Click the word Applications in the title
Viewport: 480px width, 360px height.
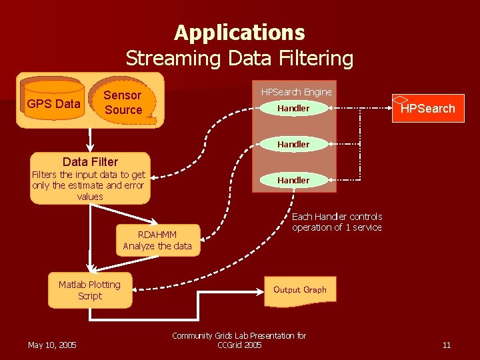coord(239,32)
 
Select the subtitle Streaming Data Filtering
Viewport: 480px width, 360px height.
coord(239,58)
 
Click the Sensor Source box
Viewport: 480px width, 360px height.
coord(124,103)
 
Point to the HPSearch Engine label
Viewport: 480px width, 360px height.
coord(296,91)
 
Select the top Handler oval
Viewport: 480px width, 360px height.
coord(294,108)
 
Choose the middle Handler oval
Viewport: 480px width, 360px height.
coord(294,144)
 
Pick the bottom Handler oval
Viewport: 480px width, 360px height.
coord(294,180)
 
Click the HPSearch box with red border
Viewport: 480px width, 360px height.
coord(427,109)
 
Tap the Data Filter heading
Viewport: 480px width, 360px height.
coord(90,161)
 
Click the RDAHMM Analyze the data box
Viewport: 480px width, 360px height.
coord(157,241)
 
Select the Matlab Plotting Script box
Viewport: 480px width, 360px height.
coord(90,290)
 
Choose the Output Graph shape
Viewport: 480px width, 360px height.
coord(300,290)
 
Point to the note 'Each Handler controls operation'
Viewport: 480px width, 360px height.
coord(337,222)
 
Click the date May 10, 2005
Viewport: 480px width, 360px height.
coord(52,345)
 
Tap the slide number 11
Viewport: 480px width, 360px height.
coord(447,345)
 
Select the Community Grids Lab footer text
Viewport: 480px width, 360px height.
coord(239,340)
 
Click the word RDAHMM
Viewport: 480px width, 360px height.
coord(157,235)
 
